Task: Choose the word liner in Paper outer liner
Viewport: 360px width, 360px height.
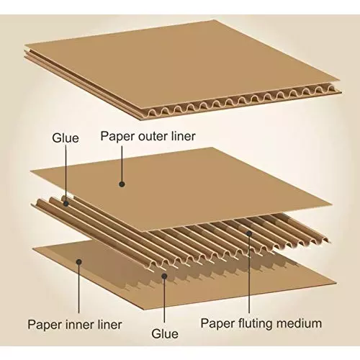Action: pos(180,136)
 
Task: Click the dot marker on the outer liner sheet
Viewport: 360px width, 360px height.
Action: pos(122,184)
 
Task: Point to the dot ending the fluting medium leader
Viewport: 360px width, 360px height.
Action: pos(248,232)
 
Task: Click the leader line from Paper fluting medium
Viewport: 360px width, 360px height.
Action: pos(248,274)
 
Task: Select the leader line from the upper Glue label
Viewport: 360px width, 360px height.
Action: pos(66,173)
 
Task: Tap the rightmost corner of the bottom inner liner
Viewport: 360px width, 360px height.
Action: pos(336,281)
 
